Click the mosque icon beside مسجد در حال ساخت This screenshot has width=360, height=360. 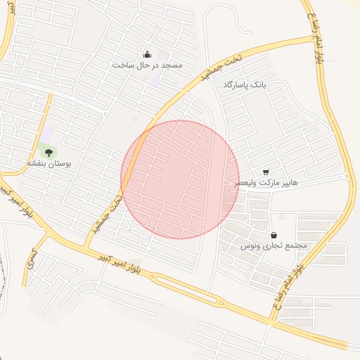click(x=147, y=54)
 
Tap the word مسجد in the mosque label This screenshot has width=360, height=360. click(x=171, y=65)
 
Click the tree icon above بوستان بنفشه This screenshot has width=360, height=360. click(x=49, y=150)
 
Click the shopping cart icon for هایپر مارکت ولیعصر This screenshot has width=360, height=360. click(x=266, y=172)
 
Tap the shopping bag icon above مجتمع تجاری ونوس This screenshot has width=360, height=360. click(x=273, y=235)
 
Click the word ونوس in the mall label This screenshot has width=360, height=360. click(x=250, y=246)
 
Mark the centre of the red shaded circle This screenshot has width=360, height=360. click(x=180, y=180)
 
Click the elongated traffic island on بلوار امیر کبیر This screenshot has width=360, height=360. click(x=190, y=289)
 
